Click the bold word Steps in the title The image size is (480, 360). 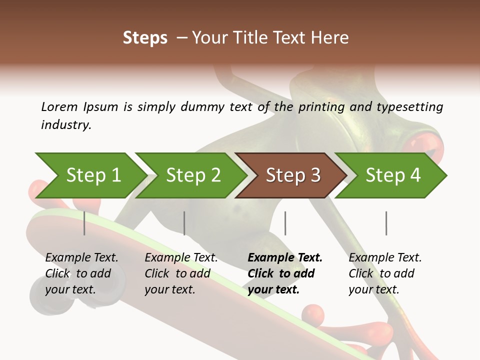[x=145, y=38]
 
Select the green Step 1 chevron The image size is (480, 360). [x=90, y=175]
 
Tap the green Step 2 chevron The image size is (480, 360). [x=190, y=175]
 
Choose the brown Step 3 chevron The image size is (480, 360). [x=291, y=175]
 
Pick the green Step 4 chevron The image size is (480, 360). [x=391, y=175]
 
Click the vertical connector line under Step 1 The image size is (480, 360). [x=84, y=223]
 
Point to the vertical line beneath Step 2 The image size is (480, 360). [x=184, y=223]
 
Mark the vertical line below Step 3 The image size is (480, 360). [x=285, y=223]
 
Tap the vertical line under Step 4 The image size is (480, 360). [x=386, y=223]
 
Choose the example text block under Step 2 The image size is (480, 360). [x=181, y=273]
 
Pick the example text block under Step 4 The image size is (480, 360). [x=385, y=273]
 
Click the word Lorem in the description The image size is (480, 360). [x=59, y=107]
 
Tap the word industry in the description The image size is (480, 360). [x=65, y=125]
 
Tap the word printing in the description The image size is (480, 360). [x=322, y=107]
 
